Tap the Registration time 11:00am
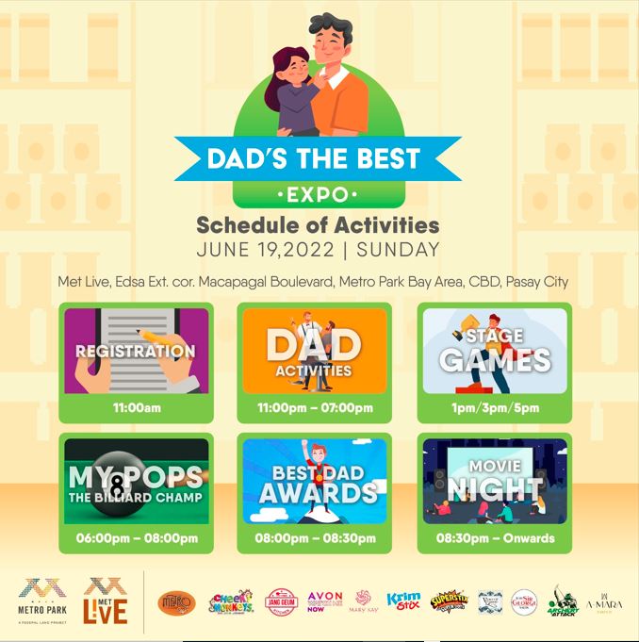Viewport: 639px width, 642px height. [136, 407]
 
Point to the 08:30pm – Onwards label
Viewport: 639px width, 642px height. [495, 538]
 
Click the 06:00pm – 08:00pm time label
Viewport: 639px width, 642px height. [136, 538]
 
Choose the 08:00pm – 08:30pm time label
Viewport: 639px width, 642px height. [315, 538]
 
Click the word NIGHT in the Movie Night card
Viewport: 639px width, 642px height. [495, 489]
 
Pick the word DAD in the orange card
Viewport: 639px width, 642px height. [315, 344]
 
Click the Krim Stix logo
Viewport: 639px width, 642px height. [403, 600]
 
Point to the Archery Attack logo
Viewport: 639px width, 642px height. [564, 600]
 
